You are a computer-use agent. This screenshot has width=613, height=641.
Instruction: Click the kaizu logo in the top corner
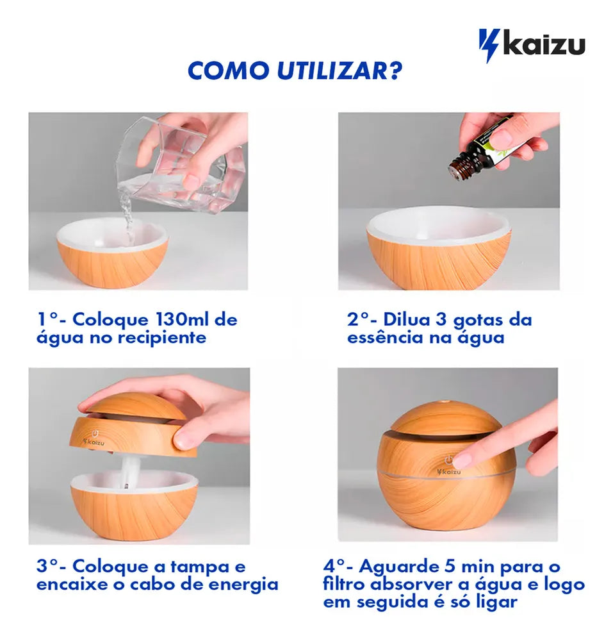click(x=532, y=46)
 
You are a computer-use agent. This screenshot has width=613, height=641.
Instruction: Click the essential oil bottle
click(x=482, y=155)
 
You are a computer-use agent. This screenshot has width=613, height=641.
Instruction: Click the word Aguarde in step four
click(x=393, y=567)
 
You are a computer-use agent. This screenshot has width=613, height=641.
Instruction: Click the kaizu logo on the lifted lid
click(x=94, y=442)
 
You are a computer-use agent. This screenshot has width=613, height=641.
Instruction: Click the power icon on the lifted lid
click(x=95, y=433)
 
